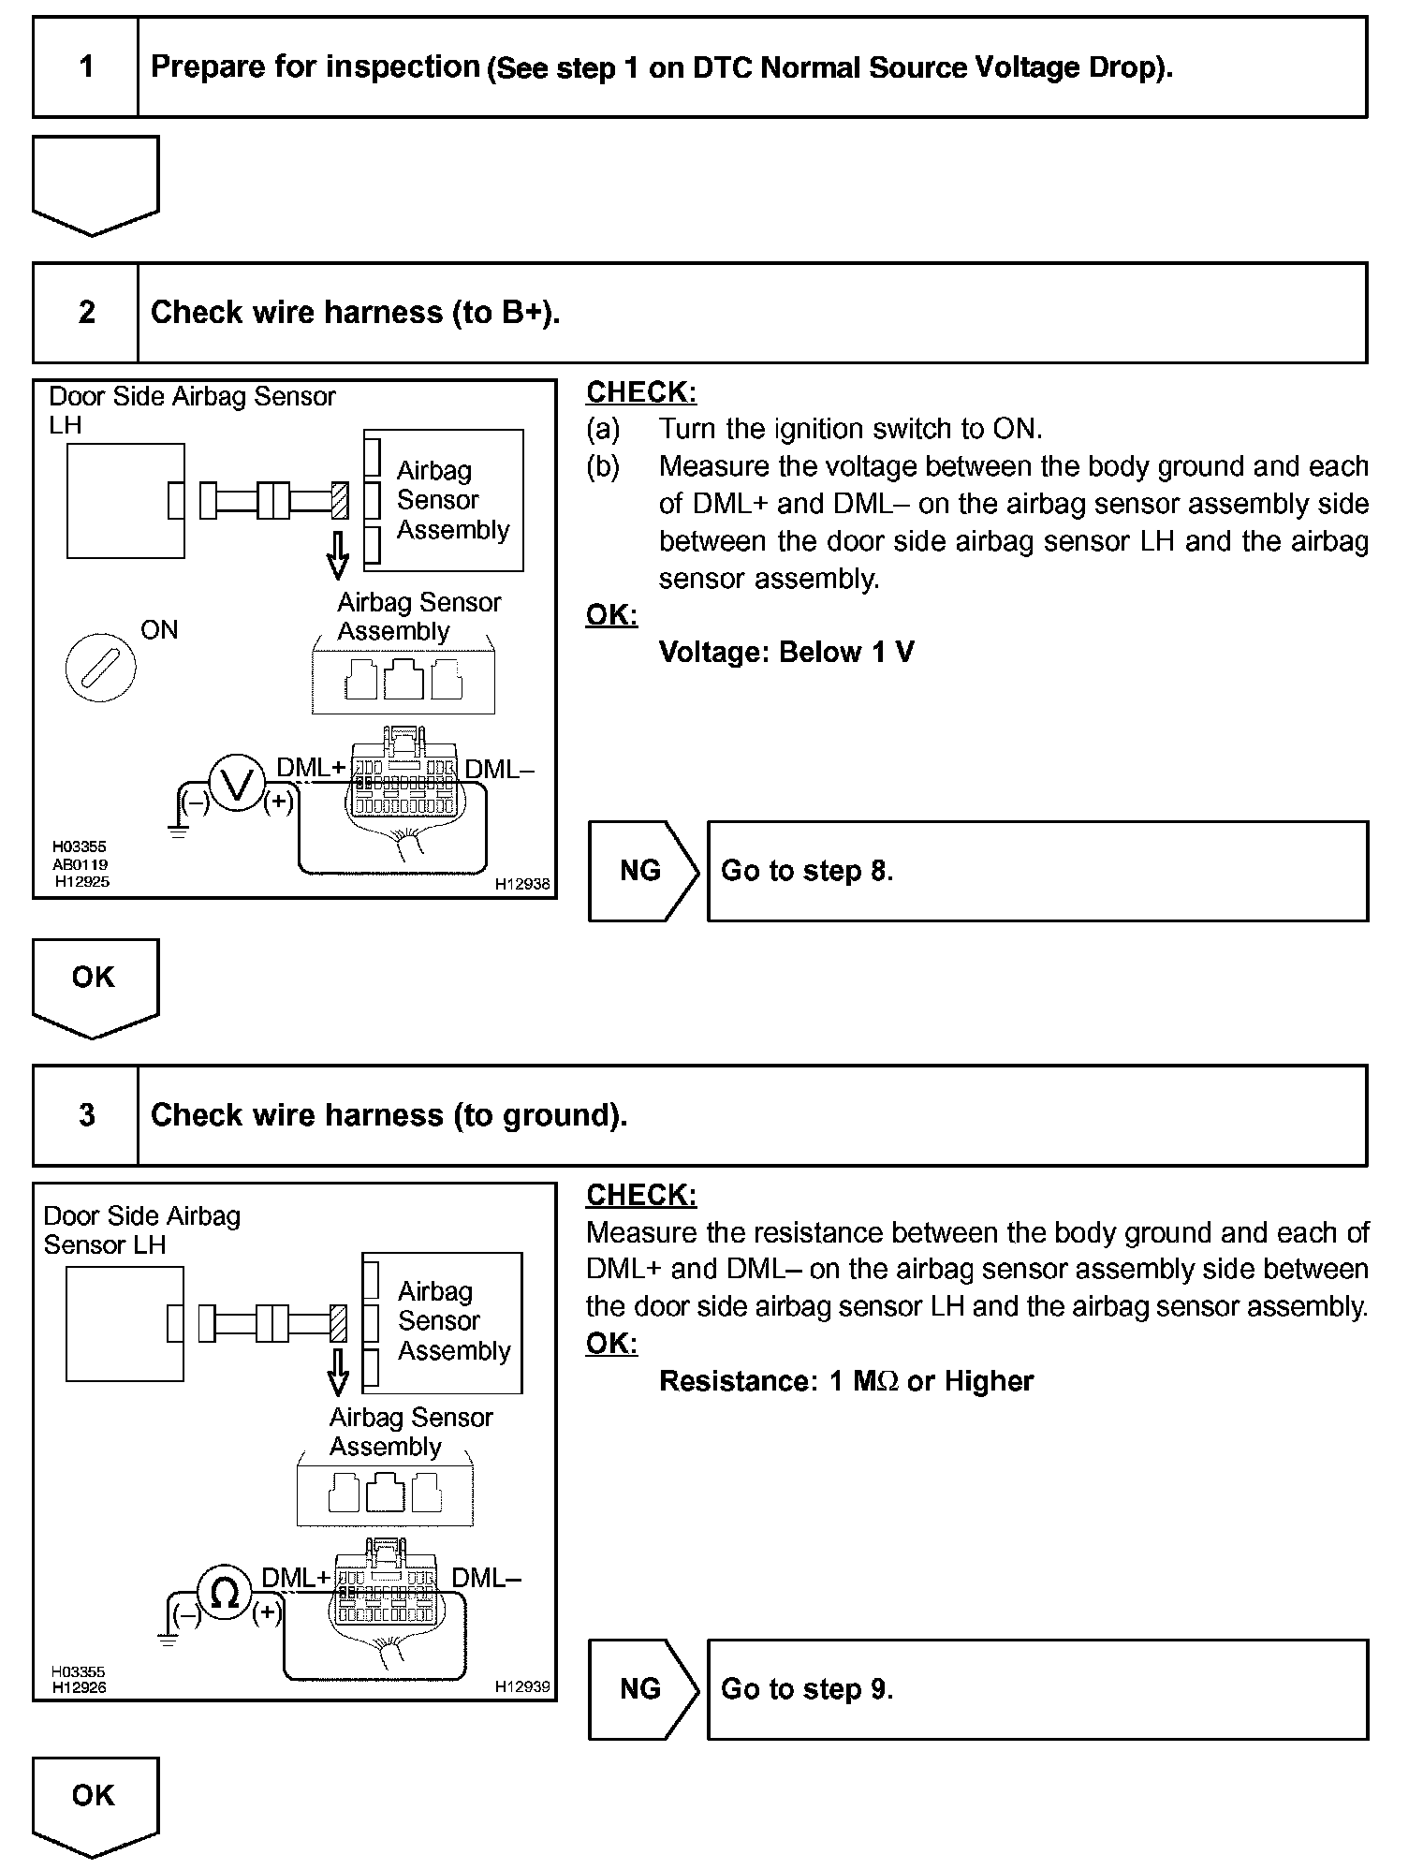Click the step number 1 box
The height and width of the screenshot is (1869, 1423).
(86, 66)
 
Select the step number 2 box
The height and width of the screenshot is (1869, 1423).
(86, 312)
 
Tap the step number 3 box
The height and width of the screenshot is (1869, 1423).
(86, 1114)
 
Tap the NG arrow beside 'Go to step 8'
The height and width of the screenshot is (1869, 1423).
(642, 871)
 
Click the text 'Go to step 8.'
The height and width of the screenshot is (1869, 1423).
(807, 871)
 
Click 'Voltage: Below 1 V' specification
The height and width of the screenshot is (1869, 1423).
(786, 652)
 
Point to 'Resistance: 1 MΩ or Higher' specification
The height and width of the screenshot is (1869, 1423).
(846, 1381)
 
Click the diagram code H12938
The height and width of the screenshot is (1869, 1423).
(522, 883)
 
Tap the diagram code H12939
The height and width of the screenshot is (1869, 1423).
(522, 1686)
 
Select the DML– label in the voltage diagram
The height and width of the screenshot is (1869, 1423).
(500, 770)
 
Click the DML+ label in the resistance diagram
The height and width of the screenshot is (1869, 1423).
(296, 1578)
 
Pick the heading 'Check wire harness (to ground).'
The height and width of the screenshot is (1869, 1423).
(389, 1114)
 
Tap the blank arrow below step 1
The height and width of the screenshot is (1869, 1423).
(95, 184)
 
